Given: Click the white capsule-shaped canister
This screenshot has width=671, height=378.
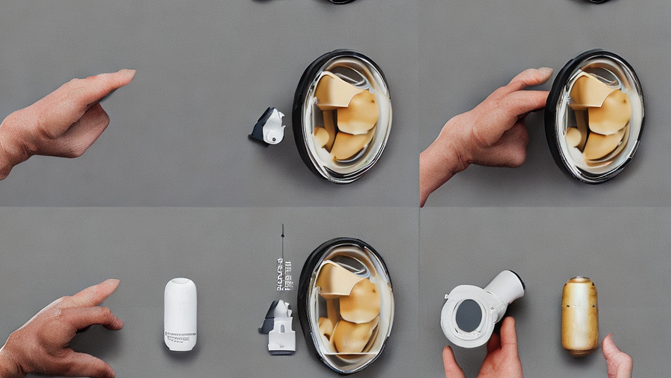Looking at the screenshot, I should tap(180, 314).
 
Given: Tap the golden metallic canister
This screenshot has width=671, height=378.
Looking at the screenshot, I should tap(579, 316).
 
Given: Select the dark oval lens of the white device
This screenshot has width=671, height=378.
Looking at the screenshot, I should tap(468, 316).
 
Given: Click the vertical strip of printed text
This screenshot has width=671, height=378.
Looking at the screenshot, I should tap(284, 274).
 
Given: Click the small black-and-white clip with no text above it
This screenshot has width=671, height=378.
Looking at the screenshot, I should tap(269, 127).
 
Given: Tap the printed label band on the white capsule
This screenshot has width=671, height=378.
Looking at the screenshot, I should tap(180, 337).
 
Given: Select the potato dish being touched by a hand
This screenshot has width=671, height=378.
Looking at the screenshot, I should tap(595, 117).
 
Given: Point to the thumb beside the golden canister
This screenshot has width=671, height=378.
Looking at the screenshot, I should tap(616, 354).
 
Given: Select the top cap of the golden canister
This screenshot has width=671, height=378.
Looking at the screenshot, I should tap(579, 280).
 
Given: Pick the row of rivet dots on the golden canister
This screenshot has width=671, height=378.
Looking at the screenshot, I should tap(579, 289).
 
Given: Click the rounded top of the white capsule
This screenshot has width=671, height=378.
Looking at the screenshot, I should tap(180, 284).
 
